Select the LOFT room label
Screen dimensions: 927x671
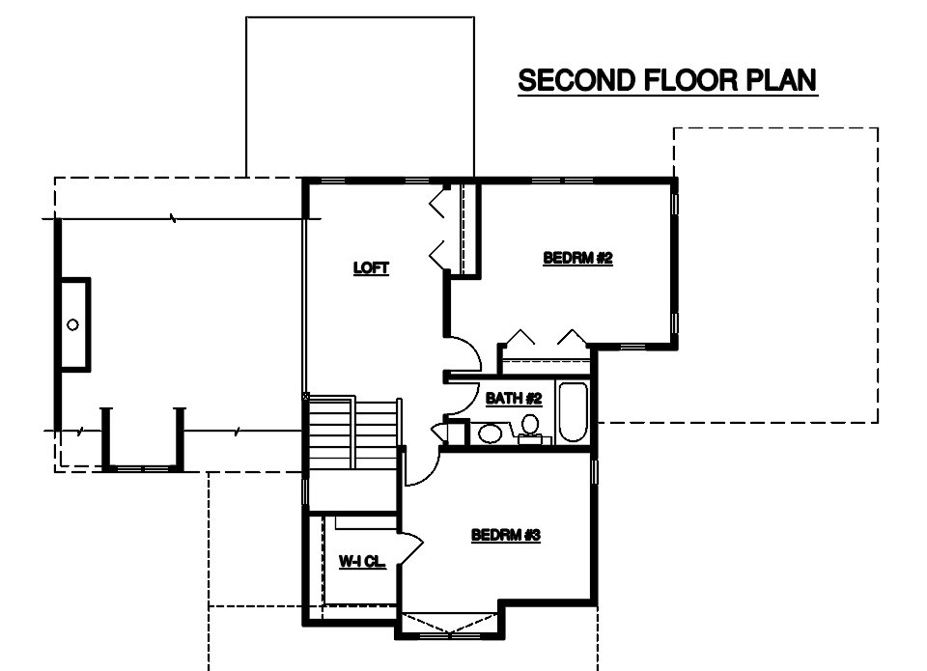point(371,267)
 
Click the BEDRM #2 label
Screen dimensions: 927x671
point(577,258)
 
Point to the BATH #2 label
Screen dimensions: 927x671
point(514,399)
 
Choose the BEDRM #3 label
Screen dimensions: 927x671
point(505,535)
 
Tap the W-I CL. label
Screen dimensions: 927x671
point(362,561)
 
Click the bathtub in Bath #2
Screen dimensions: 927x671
point(573,412)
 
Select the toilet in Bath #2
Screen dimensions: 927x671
point(530,428)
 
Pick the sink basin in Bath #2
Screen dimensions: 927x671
point(490,433)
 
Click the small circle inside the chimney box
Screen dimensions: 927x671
point(72,324)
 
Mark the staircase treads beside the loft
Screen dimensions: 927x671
point(353,433)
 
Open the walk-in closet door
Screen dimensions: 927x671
point(412,548)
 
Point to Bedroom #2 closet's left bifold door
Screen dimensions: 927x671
point(520,336)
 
